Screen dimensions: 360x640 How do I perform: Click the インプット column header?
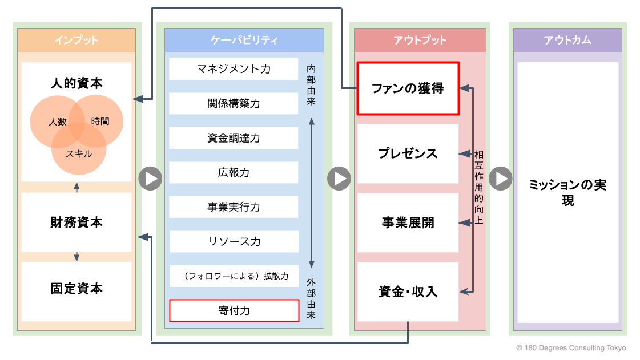tap(77, 41)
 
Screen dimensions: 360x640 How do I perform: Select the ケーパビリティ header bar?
tap(244, 41)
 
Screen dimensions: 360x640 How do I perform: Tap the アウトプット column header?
tap(420, 41)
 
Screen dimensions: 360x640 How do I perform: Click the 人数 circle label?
tap(58, 122)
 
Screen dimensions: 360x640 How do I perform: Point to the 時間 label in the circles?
tap(100, 122)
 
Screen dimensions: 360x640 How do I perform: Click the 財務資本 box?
tap(77, 223)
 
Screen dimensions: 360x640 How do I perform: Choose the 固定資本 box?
tap(77, 289)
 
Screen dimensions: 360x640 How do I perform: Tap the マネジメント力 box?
tap(234, 69)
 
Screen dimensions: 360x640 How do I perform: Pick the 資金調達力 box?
tap(234, 138)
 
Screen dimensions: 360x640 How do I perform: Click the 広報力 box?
tap(234, 172)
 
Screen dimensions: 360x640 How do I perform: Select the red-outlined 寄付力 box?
tap(234, 311)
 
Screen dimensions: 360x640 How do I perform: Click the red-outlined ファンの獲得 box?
tap(408, 88)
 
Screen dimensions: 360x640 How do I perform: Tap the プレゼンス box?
tap(408, 154)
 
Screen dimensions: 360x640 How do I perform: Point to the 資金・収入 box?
tap(408, 292)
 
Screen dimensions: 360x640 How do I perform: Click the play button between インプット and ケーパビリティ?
tap(150, 179)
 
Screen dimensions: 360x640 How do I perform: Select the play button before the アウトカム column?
tap(501, 179)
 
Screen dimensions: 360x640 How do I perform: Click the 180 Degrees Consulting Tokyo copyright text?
tap(571, 348)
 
